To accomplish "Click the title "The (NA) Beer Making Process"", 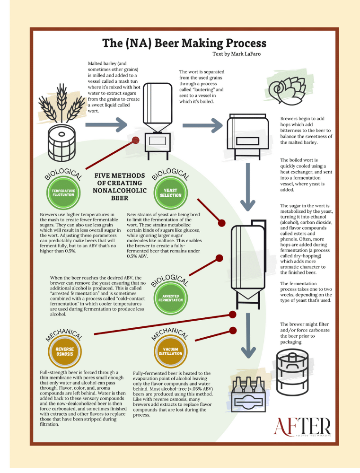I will (x=184, y=43).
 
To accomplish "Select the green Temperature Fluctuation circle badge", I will (x=64, y=193).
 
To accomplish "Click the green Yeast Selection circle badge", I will (x=170, y=193).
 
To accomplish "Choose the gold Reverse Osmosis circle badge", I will (x=64, y=352).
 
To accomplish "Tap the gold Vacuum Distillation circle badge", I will (x=170, y=352).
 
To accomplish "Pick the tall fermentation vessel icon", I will (x=249, y=263).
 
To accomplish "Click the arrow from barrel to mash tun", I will (x=106, y=125).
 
